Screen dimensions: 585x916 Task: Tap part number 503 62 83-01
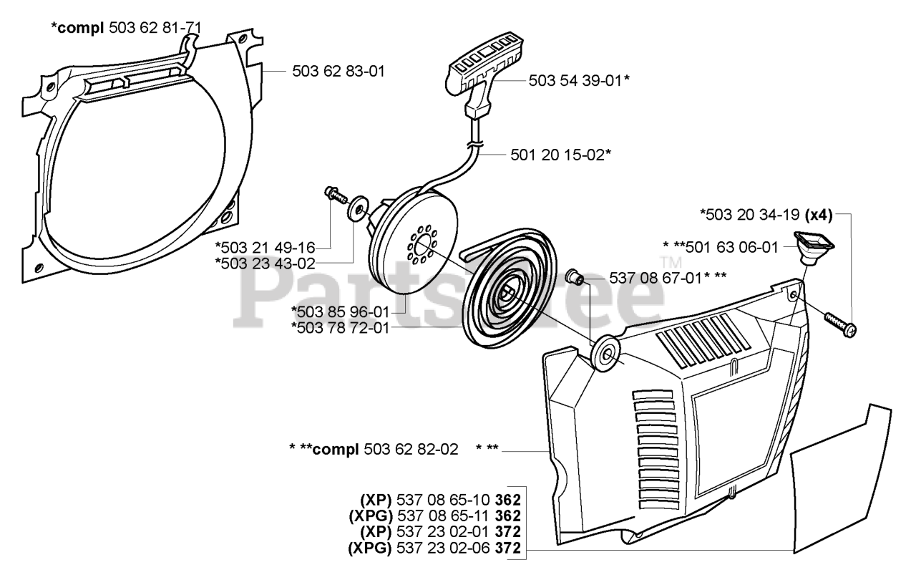pyautogui.click(x=338, y=72)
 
